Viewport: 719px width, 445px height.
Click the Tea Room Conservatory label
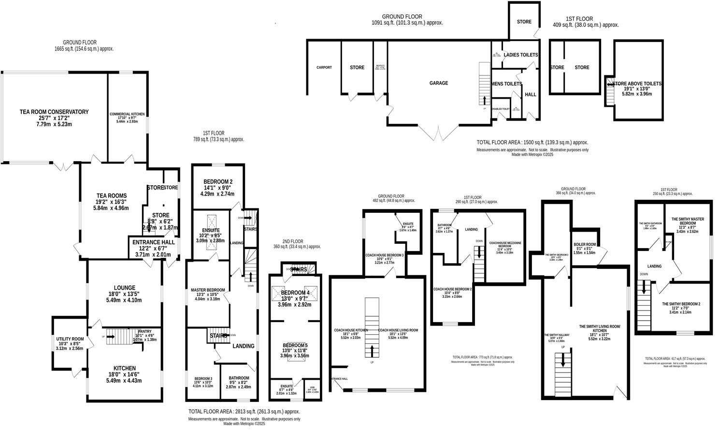[54, 112]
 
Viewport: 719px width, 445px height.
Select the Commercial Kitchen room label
[127, 114]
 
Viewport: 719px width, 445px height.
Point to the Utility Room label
[70, 339]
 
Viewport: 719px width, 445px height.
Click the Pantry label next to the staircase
[144, 331]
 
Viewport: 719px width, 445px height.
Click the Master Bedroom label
[207, 290]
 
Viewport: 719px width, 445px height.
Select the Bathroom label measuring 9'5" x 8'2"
[239, 378]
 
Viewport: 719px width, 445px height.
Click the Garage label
[439, 83]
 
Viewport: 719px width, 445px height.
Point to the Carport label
[324, 68]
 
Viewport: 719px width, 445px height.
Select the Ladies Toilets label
[520, 55]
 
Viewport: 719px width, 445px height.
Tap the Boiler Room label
[585, 244]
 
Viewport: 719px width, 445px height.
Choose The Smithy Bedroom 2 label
[681, 304]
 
